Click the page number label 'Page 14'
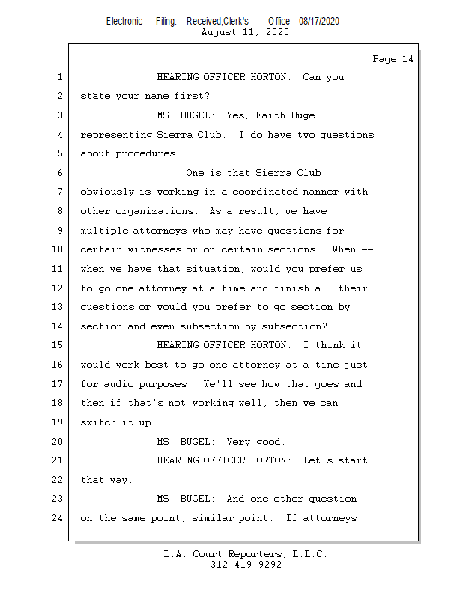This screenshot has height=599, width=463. (x=393, y=59)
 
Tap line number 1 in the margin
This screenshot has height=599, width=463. (x=59, y=77)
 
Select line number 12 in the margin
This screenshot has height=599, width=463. (x=57, y=288)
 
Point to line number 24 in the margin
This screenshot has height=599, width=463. (x=57, y=518)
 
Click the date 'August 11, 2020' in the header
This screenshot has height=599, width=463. (x=245, y=32)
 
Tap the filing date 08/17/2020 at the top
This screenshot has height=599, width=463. (x=318, y=21)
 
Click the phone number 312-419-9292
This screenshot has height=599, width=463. (x=246, y=565)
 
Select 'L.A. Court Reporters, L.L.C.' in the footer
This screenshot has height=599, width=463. (x=246, y=554)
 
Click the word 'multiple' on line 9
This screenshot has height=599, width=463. (x=103, y=231)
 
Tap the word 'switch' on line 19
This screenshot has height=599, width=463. (x=97, y=422)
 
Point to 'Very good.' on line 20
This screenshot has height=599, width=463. (x=257, y=442)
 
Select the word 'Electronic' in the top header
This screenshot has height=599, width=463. (x=124, y=21)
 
